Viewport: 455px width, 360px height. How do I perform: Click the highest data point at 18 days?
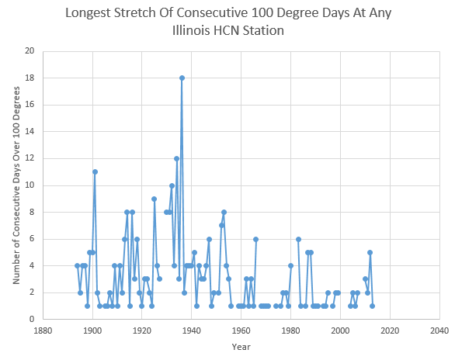pos(182,78)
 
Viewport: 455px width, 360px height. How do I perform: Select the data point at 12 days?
pos(177,158)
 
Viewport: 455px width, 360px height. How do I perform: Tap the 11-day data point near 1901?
pos(95,172)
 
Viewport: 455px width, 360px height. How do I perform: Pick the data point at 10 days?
pos(172,185)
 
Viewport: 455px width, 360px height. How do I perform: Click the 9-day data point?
pos(154,199)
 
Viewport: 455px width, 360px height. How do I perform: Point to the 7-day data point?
pos(221,226)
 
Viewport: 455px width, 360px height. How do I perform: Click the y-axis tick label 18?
pos(30,78)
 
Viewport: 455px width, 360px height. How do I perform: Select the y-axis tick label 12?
pos(30,158)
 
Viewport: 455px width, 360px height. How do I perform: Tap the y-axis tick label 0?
pos(32,319)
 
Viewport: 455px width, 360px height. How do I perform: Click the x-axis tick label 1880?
pos(43,331)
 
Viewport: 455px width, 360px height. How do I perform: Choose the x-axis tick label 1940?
pos(192,331)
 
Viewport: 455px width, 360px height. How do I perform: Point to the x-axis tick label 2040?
pos(439,331)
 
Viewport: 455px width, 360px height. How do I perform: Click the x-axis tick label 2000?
pos(340,331)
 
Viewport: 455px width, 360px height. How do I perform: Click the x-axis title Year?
pos(241,347)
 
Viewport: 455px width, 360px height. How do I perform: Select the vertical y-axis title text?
pos(16,185)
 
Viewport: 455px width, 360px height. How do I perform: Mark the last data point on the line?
pos(372,306)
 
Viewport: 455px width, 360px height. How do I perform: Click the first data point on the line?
pos(77,266)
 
